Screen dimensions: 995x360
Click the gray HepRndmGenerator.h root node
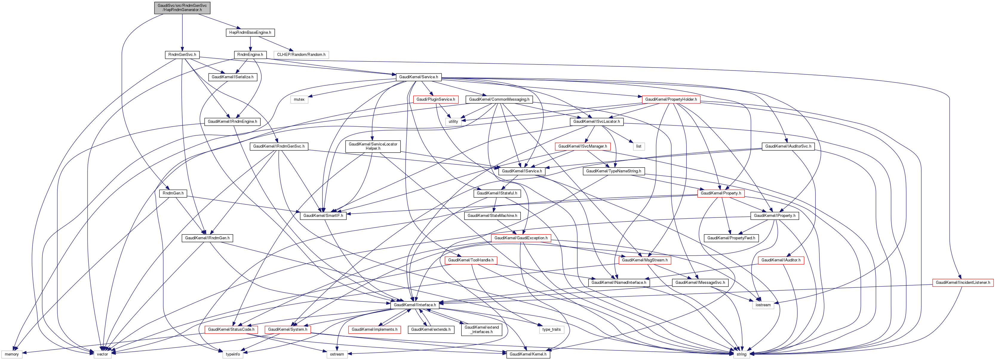coord(182,8)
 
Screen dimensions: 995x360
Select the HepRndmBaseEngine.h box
coord(250,33)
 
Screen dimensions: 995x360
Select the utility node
coord(453,122)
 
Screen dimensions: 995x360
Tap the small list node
coord(638,146)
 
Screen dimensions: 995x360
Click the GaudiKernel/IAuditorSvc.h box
coord(788,146)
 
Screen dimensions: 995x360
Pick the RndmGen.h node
coord(173,193)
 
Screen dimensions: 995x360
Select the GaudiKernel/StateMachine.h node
coord(492,215)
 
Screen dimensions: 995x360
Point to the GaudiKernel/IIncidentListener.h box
coord(962,283)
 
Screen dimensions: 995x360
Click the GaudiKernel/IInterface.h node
coord(415,305)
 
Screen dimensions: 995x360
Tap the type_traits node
coord(551,330)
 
